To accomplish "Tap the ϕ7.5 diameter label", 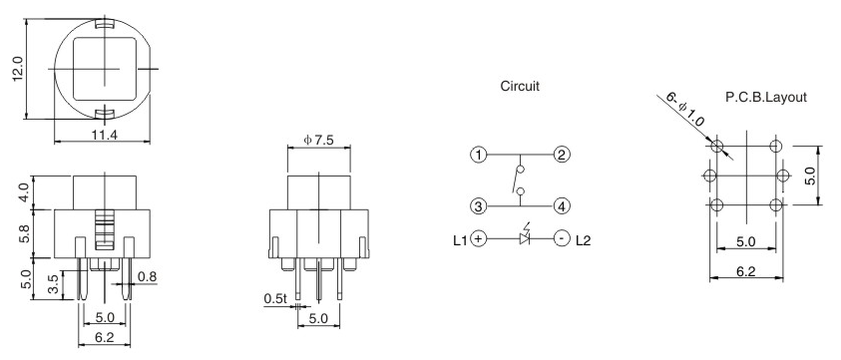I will [x=318, y=141].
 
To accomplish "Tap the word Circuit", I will [x=519, y=87].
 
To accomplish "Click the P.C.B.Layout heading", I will [x=766, y=98].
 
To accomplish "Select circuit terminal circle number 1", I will [x=480, y=156].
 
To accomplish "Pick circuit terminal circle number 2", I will [x=562, y=156].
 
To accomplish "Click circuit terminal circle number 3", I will [x=480, y=206].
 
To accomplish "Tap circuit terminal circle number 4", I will [x=562, y=206].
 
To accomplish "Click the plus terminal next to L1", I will [x=480, y=238].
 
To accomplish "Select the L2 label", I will [x=584, y=239].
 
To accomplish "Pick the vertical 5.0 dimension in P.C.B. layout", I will [x=812, y=176].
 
